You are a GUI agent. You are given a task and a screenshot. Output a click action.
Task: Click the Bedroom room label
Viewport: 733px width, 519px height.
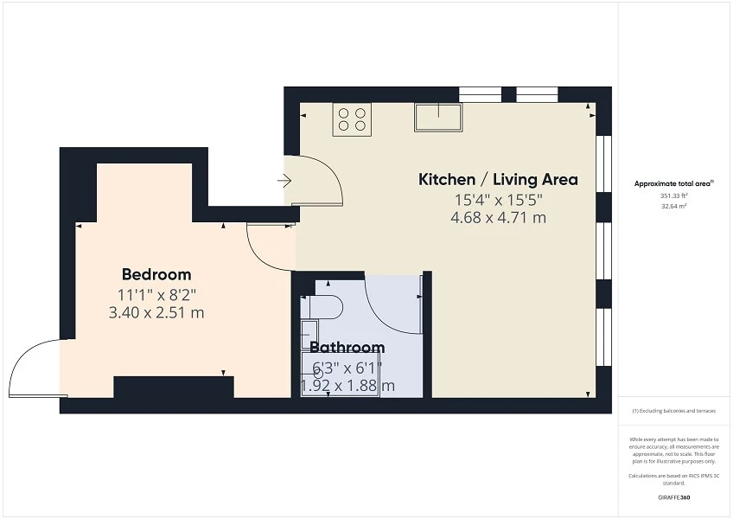click(x=156, y=274)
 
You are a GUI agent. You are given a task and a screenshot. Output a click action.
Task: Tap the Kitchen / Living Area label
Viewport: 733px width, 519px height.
click(x=498, y=179)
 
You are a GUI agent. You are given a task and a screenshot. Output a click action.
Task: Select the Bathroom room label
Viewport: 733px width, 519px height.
click(x=347, y=347)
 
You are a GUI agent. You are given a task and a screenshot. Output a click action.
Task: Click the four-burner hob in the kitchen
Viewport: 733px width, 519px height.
click(x=352, y=119)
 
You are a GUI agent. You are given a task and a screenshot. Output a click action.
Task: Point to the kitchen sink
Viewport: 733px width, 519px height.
click(x=438, y=117)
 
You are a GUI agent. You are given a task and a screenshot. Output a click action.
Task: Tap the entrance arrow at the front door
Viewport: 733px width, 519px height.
click(x=284, y=181)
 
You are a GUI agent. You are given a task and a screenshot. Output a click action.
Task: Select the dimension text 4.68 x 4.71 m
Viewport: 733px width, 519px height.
click(x=499, y=218)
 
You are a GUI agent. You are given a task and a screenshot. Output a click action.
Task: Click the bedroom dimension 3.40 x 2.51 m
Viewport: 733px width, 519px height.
click(x=156, y=312)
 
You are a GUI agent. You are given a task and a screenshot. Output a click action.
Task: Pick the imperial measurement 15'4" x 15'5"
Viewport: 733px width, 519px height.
click(x=499, y=200)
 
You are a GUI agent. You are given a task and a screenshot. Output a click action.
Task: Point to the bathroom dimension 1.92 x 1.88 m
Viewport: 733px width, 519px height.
click(x=347, y=386)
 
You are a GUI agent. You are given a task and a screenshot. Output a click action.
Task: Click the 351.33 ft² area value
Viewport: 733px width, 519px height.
click(x=674, y=195)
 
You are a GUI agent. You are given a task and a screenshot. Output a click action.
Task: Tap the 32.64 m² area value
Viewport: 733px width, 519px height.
click(x=674, y=206)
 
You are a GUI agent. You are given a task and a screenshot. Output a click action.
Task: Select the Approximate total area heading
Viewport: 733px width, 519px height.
click(x=673, y=184)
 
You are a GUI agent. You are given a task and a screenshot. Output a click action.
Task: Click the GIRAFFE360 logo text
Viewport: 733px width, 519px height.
click(x=673, y=497)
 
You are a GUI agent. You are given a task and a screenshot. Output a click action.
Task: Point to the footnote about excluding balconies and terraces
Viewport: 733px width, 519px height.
click(x=673, y=411)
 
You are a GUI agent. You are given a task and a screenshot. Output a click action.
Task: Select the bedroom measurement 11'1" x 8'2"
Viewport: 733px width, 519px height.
click(x=156, y=295)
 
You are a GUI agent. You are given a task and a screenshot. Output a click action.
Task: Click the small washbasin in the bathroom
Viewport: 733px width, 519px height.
click(x=309, y=335)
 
